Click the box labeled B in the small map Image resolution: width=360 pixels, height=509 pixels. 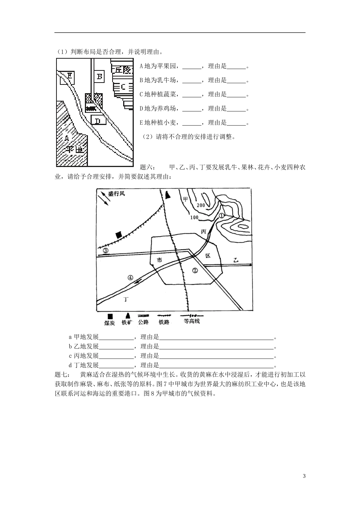point(100,77)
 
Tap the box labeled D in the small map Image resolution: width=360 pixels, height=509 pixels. point(98,120)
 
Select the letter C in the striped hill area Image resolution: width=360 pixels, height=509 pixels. point(123,87)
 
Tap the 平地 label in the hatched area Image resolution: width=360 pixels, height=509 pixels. point(74,150)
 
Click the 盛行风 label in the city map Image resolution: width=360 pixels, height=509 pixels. point(116,194)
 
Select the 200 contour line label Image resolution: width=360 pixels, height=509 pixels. point(201,205)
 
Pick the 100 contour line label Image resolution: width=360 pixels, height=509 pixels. point(194,217)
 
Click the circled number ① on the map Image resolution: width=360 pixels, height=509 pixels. point(222,215)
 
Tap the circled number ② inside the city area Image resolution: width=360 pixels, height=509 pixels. point(195,270)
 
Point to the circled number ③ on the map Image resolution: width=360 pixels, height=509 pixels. point(105,250)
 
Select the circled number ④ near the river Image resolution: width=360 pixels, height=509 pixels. point(131,278)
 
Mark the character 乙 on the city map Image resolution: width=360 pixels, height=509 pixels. point(236,260)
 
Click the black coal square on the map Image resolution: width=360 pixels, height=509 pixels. point(119,235)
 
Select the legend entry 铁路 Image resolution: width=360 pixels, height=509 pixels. point(164,322)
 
